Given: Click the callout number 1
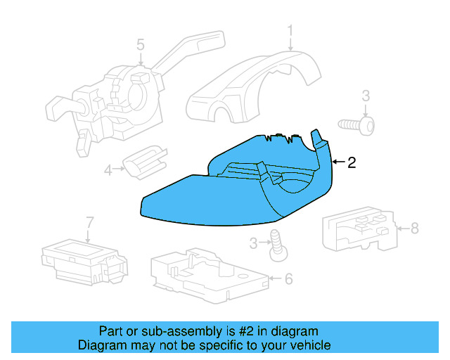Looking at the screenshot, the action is tap(290, 30).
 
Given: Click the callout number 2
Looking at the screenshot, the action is tap(352, 162).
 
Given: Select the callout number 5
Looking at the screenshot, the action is tap(141, 45).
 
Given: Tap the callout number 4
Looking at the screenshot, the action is tap(108, 169).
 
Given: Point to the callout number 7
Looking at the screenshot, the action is tap(89, 223).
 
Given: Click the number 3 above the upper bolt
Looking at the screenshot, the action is tap(366, 96).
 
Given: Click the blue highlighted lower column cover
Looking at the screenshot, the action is tap(211, 197).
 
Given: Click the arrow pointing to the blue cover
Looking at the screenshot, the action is tap(337, 162).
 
